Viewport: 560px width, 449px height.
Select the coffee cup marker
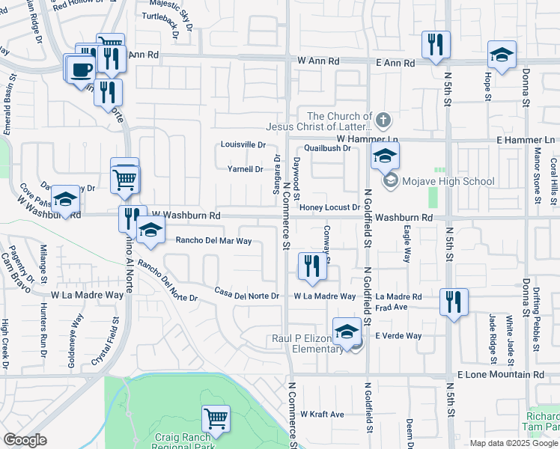coord(81,70)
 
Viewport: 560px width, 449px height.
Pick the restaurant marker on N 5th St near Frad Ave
coord(454,302)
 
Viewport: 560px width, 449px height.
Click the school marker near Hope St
coord(502,55)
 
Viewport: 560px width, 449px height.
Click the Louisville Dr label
coord(243,144)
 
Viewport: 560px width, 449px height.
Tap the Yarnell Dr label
coord(246,169)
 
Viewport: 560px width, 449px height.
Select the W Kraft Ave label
coord(322,414)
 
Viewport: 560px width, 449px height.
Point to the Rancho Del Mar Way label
coord(213,241)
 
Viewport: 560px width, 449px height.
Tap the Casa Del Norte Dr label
coord(246,296)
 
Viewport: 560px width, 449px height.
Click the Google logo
coord(25,440)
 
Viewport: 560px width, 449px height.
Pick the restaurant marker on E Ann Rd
coord(434,45)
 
